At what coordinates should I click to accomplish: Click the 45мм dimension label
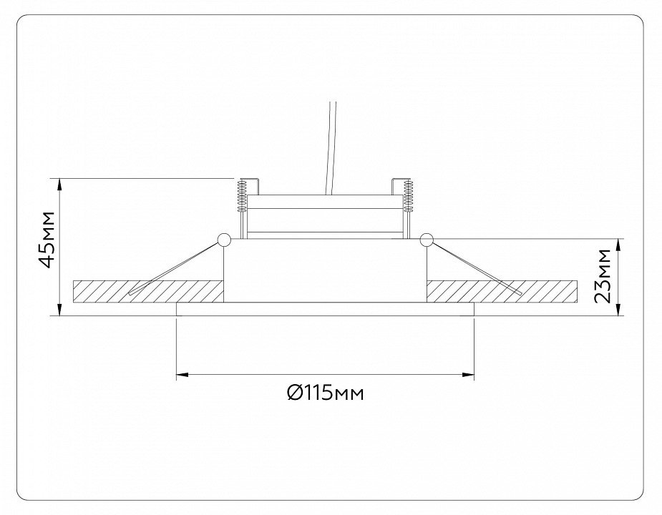click(x=47, y=239)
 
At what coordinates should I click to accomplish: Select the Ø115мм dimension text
click(x=325, y=393)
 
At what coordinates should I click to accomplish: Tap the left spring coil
click(x=242, y=195)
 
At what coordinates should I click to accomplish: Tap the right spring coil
click(x=408, y=195)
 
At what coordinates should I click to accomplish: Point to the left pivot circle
click(x=223, y=240)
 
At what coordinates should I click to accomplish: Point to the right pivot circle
click(x=427, y=240)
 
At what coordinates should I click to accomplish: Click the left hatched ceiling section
click(x=148, y=291)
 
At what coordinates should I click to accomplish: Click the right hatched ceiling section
click(x=502, y=291)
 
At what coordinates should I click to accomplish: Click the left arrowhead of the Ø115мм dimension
click(x=182, y=374)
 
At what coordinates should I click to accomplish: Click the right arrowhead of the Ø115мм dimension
click(x=469, y=374)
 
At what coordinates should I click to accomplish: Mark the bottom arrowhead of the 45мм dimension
click(x=60, y=310)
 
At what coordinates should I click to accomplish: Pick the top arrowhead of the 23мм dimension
click(x=619, y=245)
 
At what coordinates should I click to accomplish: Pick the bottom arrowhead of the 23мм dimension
click(x=619, y=310)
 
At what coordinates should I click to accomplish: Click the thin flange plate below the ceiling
click(x=325, y=309)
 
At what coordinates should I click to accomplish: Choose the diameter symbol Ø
click(x=293, y=393)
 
